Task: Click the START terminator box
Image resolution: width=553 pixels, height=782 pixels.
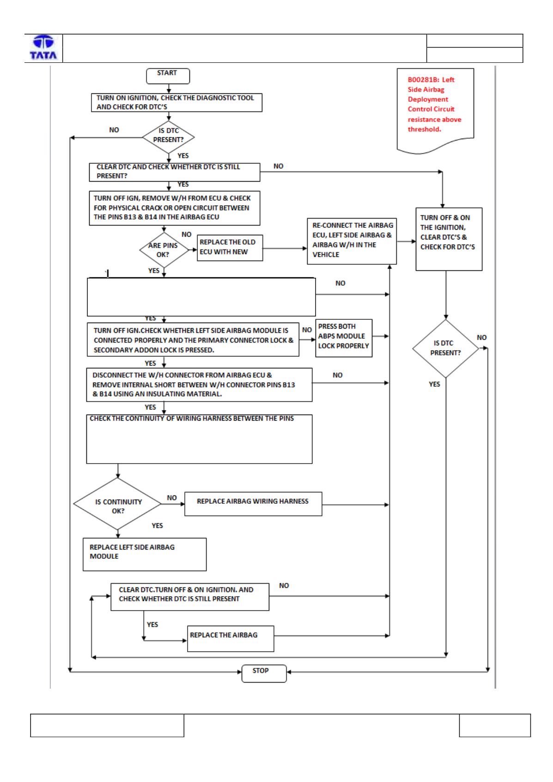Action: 168,76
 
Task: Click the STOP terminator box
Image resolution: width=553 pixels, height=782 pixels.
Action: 264,673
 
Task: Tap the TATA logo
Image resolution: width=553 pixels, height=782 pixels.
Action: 43,48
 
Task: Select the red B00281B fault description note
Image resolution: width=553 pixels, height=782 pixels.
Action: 435,110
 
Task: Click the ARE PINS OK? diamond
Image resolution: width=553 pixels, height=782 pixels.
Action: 164,250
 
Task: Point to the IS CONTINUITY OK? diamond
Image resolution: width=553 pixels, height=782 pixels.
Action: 118,504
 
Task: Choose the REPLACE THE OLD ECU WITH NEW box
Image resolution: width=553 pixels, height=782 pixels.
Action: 230,248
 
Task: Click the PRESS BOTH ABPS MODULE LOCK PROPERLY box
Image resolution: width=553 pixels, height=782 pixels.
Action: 344,338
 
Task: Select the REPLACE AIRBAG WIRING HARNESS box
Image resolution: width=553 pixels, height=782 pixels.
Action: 253,504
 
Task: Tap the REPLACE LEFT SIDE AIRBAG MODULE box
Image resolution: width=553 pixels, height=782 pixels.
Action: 145,555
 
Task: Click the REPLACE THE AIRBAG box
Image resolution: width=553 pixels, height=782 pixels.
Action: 230,639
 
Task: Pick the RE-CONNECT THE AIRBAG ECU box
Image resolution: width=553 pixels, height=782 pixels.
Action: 352,241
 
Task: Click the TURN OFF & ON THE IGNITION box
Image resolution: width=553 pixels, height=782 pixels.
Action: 449,239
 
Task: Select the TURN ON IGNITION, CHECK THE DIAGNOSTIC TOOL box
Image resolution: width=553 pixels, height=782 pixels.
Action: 176,103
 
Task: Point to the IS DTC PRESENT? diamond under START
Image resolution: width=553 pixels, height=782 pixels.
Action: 169,137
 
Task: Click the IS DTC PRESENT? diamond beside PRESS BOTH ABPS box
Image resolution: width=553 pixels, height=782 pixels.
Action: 445,348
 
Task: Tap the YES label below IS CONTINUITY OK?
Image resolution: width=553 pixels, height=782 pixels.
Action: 157,525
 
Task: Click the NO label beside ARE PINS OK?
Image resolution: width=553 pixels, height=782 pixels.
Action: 186,234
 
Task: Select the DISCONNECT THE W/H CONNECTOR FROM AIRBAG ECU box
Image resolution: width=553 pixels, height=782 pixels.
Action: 199,385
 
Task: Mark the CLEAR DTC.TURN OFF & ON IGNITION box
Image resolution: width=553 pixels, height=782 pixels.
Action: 190,597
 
